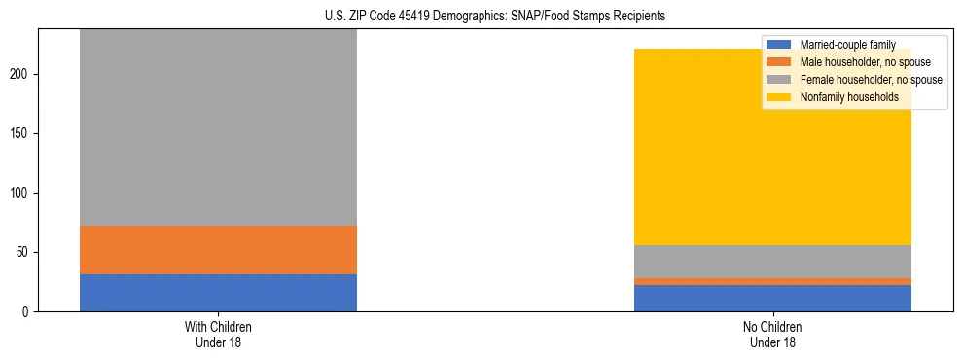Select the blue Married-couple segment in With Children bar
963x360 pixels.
pyautogui.click(x=218, y=293)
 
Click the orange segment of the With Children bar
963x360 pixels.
pyautogui.click(x=218, y=250)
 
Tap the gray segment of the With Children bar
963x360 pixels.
pyautogui.click(x=218, y=127)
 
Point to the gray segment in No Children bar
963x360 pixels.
pyautogui.click(x=772, y=262)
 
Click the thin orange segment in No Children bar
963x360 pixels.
pyautogui.click(x=772, y=281)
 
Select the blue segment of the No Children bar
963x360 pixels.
pyautogui.click(x=772, y=298)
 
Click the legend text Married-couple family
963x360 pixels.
pyautogui.click(x=847, y=45)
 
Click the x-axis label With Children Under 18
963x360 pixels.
pyautogui.click(x=218, y=335)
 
